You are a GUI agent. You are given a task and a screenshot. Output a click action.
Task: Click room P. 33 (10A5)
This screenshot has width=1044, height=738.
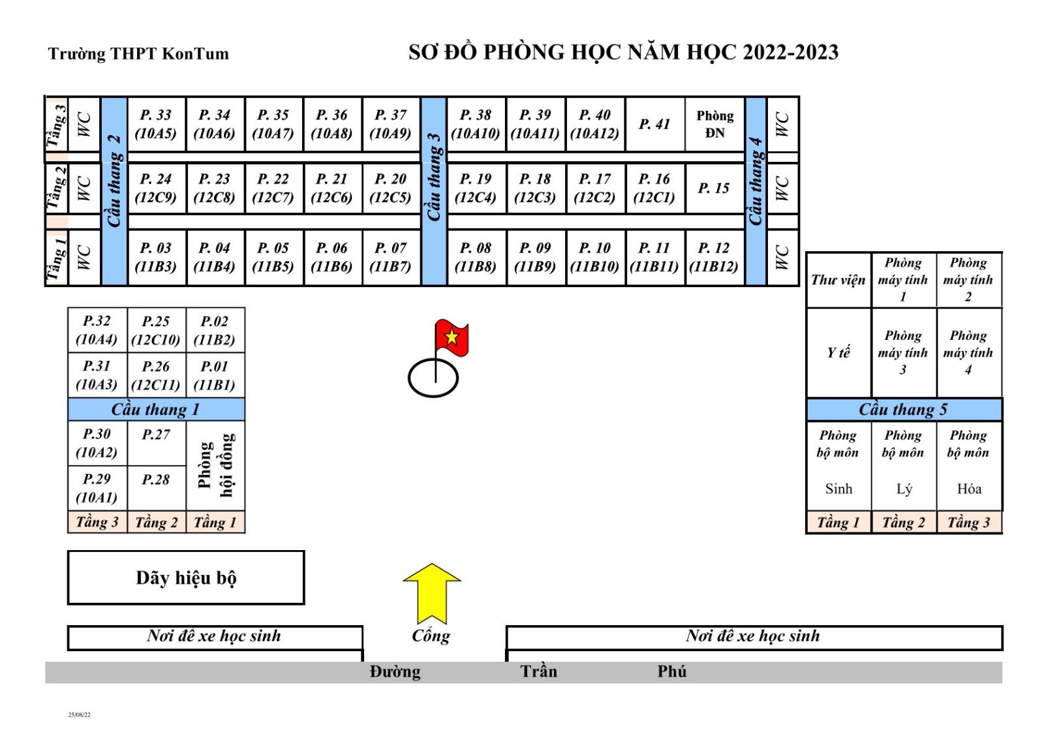point(156,124)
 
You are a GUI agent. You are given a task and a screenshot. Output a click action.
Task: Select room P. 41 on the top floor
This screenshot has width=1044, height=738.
point(654,124)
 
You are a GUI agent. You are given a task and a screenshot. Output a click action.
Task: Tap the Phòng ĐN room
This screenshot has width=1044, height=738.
point(714,124)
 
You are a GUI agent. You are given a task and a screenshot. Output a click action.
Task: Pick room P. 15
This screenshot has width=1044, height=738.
point(714,189)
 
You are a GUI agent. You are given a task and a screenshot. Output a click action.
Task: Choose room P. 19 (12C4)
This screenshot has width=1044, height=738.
point(476,189)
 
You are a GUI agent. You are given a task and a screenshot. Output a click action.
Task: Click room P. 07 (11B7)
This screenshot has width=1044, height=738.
point(390,257)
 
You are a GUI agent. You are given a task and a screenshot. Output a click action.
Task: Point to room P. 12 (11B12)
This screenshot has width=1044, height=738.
point(714,257)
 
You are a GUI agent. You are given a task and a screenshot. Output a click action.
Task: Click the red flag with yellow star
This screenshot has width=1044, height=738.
point(452,337)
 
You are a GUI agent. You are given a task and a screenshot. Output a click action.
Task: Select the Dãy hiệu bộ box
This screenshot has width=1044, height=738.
point(186,577)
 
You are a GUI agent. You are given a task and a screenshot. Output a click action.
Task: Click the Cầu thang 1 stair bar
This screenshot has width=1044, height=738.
point(156,409)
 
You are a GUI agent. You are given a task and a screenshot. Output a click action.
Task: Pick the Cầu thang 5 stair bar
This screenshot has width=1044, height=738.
point(904,409)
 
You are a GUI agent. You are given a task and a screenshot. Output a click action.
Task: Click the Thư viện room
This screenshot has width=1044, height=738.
point(838,280)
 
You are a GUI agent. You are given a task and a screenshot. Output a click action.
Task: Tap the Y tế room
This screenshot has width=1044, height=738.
point(838,352)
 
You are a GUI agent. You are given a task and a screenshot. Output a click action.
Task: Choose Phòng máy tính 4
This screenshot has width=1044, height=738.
point(968,352)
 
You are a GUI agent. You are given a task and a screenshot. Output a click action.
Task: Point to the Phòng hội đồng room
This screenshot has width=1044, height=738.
point(215,465)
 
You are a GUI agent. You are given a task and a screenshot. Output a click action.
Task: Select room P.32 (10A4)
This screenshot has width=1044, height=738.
point(97,330)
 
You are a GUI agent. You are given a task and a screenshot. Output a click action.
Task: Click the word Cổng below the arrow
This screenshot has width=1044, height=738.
point(431,636)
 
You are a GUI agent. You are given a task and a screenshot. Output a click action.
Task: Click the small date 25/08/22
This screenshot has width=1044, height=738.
point(80,715)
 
